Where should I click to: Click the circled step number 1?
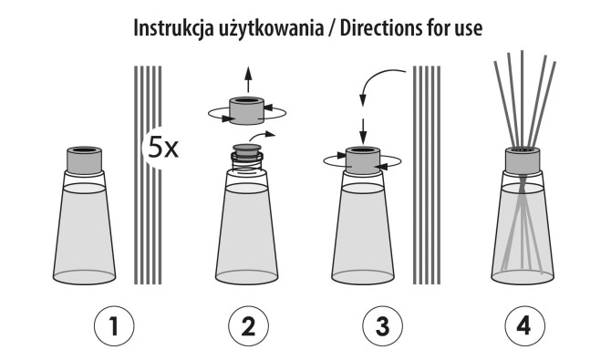[114, 325]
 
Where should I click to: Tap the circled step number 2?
[242, 325]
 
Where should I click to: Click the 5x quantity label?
[164, 147]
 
